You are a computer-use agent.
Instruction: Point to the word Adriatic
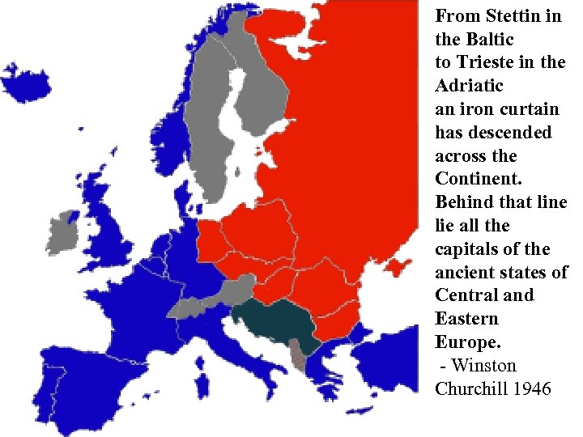click(x=469, y=86)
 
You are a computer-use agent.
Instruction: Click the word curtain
click(x=530, y=109)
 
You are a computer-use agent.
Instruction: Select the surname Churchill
click(x=471, y=389)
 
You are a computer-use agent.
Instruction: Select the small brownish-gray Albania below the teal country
click(x=299, y=355)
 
